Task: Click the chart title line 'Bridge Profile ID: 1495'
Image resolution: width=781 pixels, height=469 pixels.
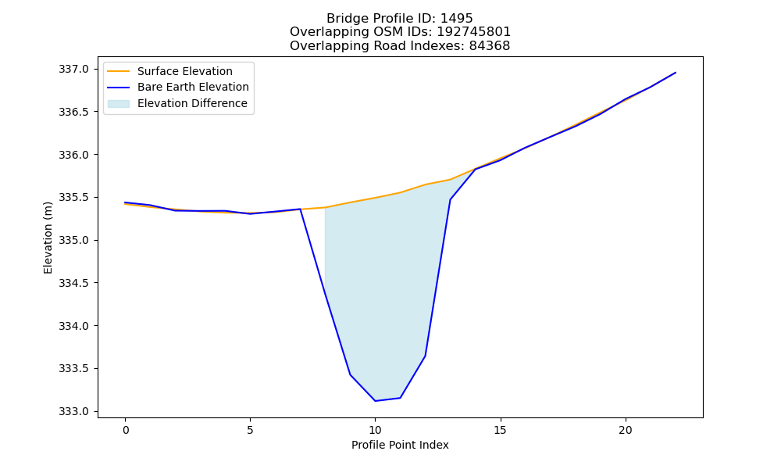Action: click(x=399, y=19)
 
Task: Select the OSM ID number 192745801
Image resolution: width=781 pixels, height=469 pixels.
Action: click(x=474, y=32)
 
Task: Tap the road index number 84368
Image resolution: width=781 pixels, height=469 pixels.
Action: click(x=490, y=46)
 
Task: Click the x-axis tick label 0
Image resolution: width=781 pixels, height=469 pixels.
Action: click(x=125, y=430)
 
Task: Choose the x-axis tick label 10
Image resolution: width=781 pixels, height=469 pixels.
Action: click(x=375, y=430)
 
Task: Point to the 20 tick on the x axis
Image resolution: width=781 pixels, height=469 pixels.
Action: click(x=625, y=430)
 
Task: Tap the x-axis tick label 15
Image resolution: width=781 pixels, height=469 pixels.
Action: click(x=500, y=430)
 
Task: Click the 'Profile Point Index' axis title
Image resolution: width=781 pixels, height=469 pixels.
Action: click(x=400, y=445)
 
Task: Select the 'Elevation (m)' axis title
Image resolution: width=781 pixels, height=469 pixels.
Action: click(x=48, y=238)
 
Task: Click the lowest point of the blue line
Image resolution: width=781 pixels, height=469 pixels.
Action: click(x=375, y=401)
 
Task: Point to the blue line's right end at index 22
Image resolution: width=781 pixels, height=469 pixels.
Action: click(x=676, y=73)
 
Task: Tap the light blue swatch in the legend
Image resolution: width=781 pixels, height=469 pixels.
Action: click(x=119, y=104)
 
